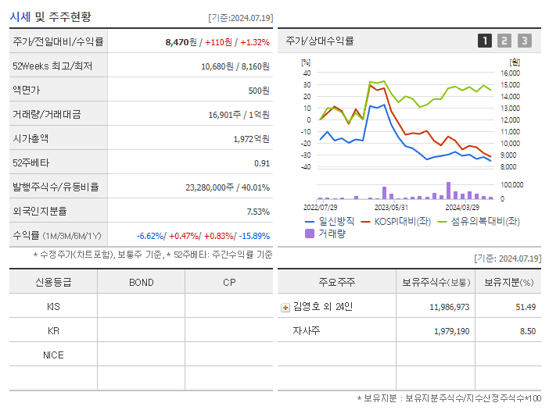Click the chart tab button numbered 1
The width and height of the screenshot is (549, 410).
[x=485, y=41]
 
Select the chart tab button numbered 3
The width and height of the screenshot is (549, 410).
[x=524, y=41]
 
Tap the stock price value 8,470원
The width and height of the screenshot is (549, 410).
[x=182, y=41]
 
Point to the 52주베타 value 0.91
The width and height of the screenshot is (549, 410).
[x=261, y=162]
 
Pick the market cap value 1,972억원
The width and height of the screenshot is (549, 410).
[x=251, y=138]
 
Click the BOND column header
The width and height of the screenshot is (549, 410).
[x=141, y=283]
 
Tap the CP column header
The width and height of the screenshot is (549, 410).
[x=229, y=283]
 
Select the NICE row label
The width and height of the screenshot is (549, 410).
[x=53, y=355]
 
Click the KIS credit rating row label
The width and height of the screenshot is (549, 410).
[x=53, y=307]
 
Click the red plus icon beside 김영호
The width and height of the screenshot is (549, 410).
[x=285, y=307]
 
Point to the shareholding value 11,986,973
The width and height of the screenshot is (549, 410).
[x=449, y=307]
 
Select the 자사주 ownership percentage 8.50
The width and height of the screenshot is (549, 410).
[x=527, y=331]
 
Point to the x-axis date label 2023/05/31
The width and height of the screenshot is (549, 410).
[x=391, y=207]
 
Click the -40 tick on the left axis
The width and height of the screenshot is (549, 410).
[x=307, y=166]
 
